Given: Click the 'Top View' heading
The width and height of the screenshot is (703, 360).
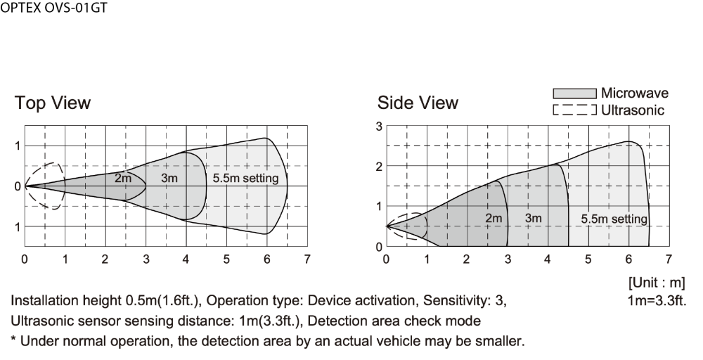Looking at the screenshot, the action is (53, 103).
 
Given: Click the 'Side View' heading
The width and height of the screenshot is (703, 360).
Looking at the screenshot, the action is (418, 103).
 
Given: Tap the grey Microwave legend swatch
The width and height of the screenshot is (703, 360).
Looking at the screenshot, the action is (574, 94).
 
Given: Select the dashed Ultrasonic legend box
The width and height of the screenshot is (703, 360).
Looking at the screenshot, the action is (574, 110).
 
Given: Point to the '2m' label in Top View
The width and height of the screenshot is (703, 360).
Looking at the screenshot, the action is (123, 178).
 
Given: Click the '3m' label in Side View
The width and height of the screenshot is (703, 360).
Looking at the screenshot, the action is (533, 219).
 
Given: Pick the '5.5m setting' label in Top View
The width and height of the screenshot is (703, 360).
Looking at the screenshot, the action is (245, 178).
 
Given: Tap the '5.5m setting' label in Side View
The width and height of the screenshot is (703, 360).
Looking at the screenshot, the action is (614, 219).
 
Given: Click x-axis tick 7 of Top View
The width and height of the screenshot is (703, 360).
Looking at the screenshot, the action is (307, 259).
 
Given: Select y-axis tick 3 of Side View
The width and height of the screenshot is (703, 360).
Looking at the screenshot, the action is (380, 127).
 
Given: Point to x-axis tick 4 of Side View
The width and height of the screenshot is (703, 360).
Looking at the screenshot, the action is (548, 259).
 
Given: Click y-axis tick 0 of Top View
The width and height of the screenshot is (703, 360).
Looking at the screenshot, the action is (18, 186).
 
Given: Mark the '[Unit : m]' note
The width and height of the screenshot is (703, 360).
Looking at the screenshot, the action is (657, 283).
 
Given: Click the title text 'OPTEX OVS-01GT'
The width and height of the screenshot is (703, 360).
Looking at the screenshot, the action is (54, 8).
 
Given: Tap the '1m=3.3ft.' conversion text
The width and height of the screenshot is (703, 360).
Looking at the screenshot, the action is (657, 300).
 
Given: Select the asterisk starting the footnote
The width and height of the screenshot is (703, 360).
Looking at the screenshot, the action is (13, 339).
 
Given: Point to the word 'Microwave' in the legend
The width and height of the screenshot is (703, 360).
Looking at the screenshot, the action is (634, 93).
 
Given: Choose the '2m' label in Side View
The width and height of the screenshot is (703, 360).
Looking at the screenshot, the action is (494, 219).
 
